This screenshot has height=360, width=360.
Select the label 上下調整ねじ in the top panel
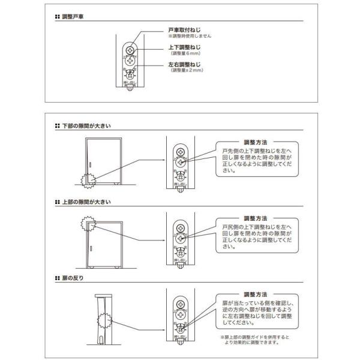point(183,47)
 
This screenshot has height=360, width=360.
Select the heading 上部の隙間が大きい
point(87,202)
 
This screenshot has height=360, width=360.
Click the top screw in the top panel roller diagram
point(131,48)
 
